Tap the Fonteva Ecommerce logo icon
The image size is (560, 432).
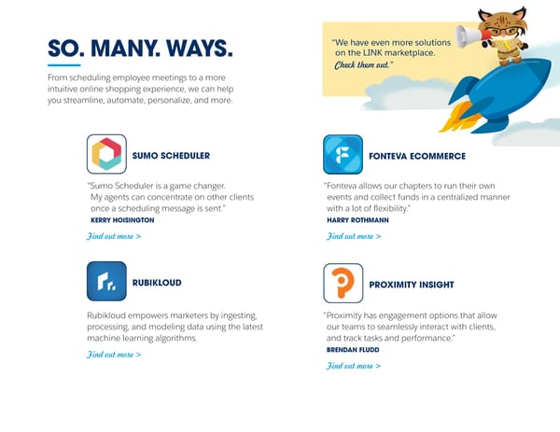tap(343, 154)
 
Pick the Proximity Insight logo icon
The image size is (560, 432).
tap(343, 283)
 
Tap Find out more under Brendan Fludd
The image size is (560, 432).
tap(353, 366)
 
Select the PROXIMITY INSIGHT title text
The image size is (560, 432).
tap(412, 284)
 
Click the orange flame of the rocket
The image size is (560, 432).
tap(456, 117)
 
